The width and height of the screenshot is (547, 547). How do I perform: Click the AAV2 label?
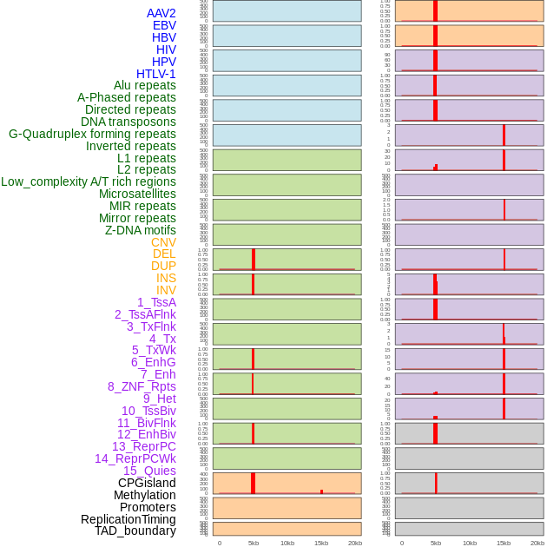click(161, 13)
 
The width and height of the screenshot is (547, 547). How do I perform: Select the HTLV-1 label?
click(155, 74)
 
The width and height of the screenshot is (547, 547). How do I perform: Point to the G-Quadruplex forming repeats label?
click(92, 134)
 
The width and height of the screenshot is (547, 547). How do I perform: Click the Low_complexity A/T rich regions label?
click(89, 181)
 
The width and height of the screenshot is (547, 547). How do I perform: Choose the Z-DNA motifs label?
click(140, 230)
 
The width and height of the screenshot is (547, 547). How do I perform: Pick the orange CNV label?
click(163, 242)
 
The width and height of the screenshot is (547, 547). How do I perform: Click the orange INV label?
click(166, 290)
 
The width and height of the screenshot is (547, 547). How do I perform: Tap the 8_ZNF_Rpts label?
click(142, 386)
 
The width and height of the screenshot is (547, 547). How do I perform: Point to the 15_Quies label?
click(148, 471)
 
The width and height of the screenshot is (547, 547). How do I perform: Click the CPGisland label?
click(147, 483)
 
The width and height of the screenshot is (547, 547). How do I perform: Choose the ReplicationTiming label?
click(128, 519)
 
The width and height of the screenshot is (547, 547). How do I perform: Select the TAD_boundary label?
click(135, 531)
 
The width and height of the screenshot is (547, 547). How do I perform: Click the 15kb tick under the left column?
click(320, 543)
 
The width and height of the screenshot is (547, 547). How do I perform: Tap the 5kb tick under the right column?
click(435, 543)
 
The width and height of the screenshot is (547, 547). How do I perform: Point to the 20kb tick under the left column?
click(354, 543)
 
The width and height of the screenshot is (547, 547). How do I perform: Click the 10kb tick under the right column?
click(469, 543)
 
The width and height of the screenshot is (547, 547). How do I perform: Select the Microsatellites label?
click(137, 194)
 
